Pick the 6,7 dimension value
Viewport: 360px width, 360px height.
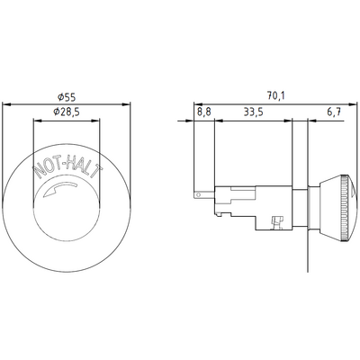(x=334, y=113)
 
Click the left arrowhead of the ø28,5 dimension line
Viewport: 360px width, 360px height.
(x=34, y=120)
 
